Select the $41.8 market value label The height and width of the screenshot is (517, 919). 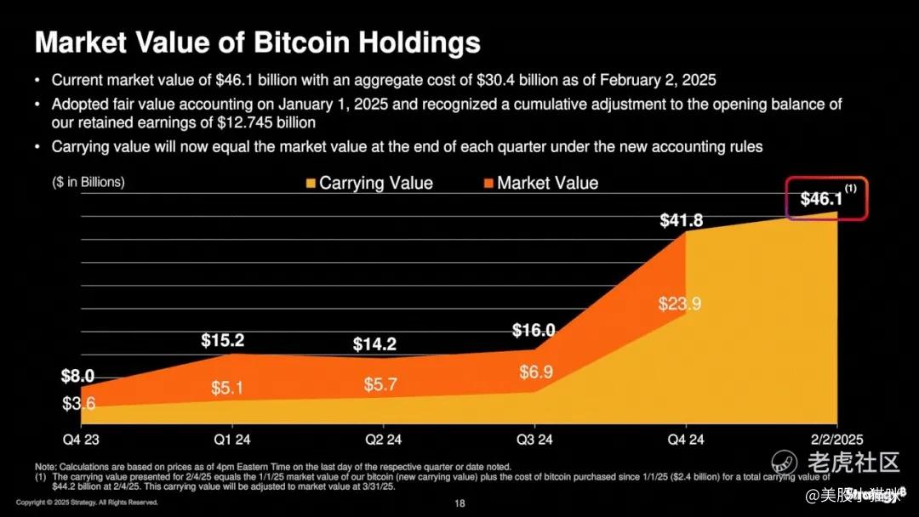(681, 221)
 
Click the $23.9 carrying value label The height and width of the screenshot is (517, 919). (680, 304)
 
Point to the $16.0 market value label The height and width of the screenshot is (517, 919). (534, 331)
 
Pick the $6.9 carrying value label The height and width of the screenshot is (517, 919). (536, 372)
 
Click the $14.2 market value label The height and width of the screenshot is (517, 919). (374, 345)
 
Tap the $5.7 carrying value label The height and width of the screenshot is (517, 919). (380, 383)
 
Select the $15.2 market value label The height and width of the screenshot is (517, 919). (223, 341)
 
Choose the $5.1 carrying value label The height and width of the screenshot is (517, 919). (228, 389)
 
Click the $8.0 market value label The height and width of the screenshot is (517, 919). (77, 376)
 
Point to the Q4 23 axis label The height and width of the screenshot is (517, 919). (81, 440)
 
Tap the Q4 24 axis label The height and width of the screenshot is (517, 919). (685, 440)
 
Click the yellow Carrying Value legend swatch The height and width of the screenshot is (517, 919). (311, 183)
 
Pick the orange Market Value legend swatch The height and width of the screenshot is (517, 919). (488, 183)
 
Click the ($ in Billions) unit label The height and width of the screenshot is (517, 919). (88, 181)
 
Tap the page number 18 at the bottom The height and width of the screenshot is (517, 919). (459, 504)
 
